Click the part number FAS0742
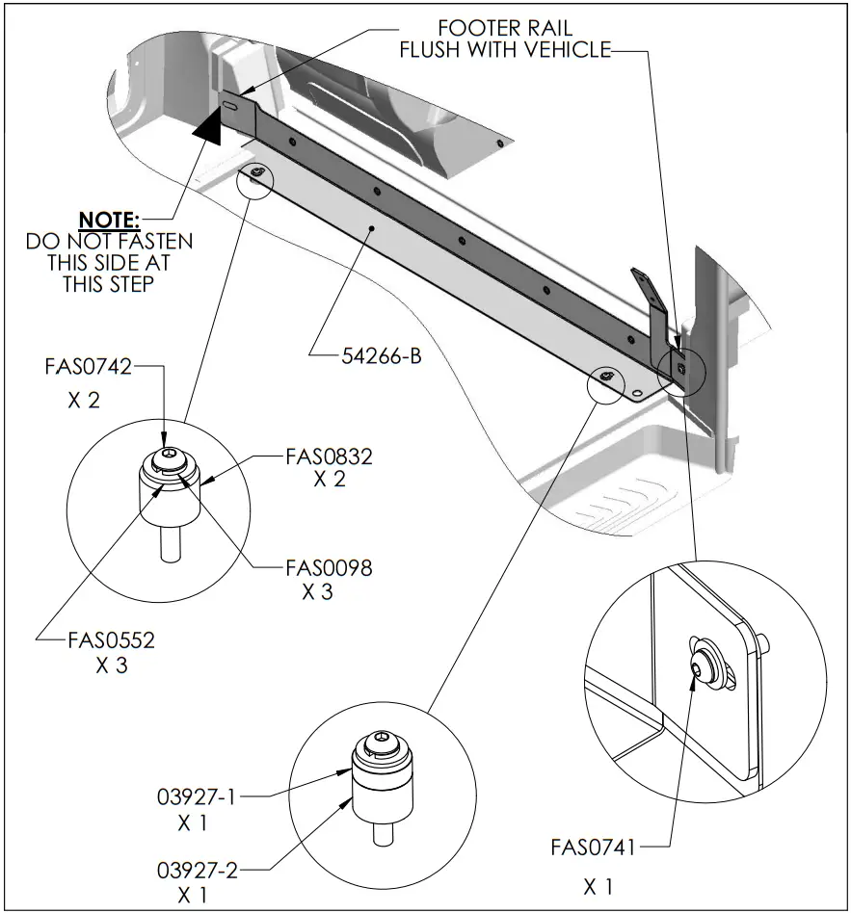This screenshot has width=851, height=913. (88, 366)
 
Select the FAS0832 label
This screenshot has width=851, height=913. (329, 456)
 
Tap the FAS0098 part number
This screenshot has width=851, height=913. (329, 567)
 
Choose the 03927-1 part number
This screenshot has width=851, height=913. (197, 797)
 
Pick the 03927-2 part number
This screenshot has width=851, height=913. (197, 871)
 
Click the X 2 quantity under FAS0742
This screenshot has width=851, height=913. (84, 400)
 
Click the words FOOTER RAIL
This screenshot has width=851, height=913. (505, 28)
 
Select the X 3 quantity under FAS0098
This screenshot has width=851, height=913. (317, 592)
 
